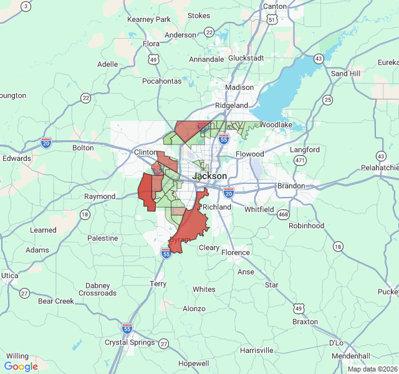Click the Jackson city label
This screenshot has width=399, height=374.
(209, 176)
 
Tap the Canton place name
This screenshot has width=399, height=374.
(275, 6)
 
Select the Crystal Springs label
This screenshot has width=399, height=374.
(130, 342)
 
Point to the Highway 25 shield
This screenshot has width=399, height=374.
(327, 100)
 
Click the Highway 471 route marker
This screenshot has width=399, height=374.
(300, 160)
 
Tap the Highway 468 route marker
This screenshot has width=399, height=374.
(284, 214)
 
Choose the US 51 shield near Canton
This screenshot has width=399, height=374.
(271, 20)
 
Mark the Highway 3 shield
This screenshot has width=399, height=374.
(25, 6)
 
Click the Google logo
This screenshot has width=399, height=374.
(21, 366)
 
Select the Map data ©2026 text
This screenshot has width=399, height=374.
(372, 369)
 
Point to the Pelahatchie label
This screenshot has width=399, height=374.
(379, 168)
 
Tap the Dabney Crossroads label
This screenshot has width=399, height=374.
(97, 289)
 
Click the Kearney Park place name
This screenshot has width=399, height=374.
(148, 19)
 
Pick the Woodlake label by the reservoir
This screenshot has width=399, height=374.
(276, 125)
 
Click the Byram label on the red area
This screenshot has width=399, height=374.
(180, 240)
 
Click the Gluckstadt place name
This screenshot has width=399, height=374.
(246, 57)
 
